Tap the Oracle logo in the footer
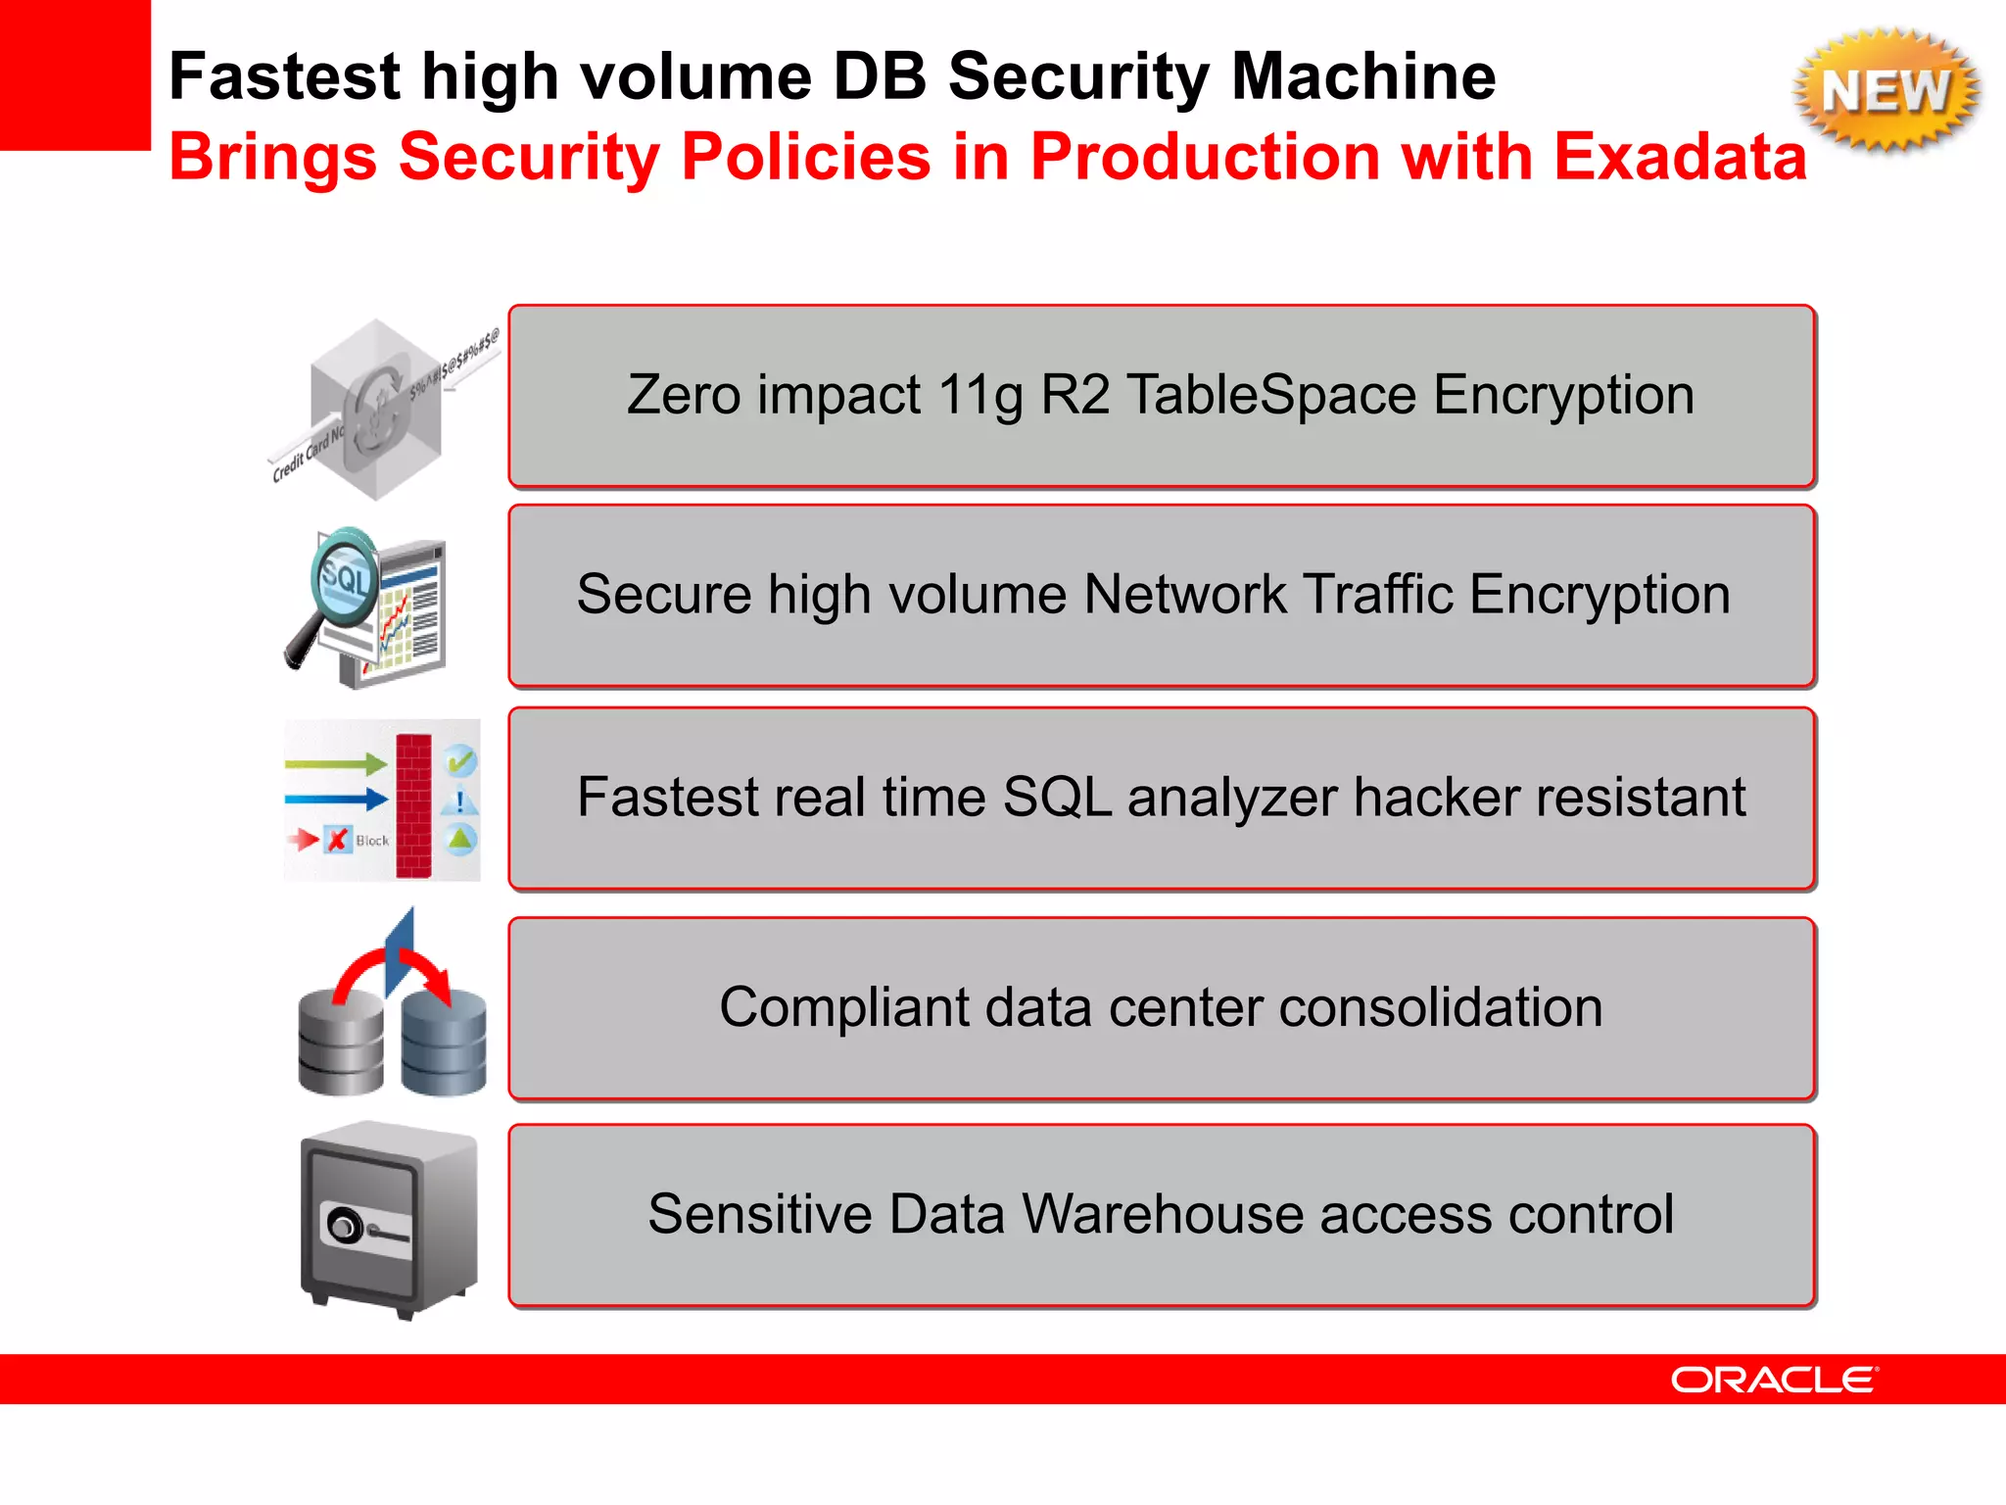[1774, 1380]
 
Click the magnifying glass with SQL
[343, 578]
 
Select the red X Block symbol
[338, 840]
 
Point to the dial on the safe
[344, 1226]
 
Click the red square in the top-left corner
[74, 74]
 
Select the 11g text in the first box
[979, 395]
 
